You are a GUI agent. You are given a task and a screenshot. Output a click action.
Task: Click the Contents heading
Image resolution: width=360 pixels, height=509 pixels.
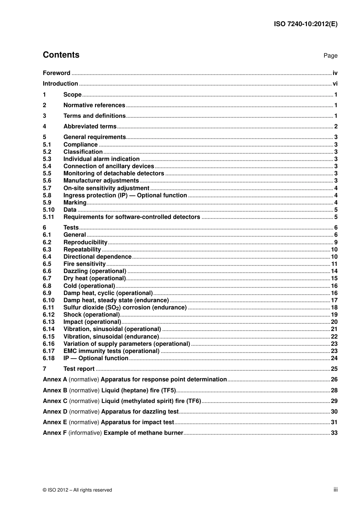tap(61, 55)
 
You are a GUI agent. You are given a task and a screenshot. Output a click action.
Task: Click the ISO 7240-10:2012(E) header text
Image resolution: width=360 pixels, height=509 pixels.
tap(305, 24)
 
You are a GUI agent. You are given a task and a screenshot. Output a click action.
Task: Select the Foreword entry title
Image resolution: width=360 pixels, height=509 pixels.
tap(56, 73)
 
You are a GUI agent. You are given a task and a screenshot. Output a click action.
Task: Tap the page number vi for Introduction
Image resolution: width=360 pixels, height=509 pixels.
tap(335, 84)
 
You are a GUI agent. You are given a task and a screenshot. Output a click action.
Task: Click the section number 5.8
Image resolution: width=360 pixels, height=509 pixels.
tap(47, 195)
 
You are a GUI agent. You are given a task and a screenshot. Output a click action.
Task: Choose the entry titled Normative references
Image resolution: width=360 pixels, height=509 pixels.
tap(94, 105)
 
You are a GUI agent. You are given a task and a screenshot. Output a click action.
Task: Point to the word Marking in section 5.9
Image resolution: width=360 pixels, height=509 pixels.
tap(75, 203)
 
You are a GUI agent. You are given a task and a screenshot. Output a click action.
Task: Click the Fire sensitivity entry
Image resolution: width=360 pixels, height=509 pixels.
tap(85, 264)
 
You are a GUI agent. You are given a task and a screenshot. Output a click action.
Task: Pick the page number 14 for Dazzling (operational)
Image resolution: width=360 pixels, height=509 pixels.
tap(334, 271)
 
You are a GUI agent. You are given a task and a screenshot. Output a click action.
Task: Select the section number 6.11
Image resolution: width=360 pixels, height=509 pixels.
tap(49, 308)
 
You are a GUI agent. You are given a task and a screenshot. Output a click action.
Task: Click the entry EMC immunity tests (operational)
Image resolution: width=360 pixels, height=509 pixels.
tap(111, 351)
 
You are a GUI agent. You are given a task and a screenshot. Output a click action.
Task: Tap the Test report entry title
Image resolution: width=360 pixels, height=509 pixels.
tap(79, 369)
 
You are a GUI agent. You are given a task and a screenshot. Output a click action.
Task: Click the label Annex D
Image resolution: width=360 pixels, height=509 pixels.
tap(55, 412)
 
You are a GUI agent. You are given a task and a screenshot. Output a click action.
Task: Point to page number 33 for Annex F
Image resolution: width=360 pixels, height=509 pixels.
tap(334, 433)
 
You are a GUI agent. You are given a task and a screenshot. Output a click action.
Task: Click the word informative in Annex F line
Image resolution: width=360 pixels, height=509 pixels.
tap(85, 433)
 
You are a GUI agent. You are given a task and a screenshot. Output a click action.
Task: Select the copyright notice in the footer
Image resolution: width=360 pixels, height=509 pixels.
tap(77, 490)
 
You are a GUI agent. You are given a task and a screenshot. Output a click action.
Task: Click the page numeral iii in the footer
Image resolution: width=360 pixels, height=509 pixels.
tap(335, 490)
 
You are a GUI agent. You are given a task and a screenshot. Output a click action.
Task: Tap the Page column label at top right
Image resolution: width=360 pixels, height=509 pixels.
tap(330, 56)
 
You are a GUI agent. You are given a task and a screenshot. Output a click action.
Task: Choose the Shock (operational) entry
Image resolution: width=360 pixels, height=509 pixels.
tap(91, 315)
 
